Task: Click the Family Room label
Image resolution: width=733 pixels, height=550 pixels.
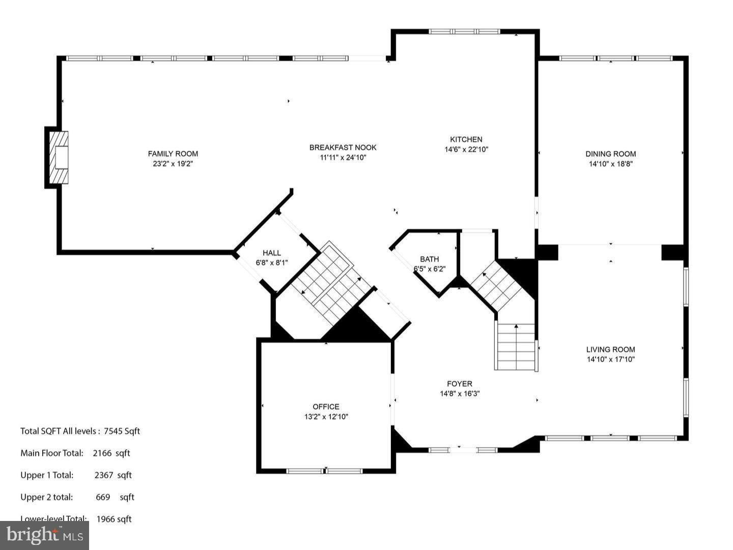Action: [x=173, y=154]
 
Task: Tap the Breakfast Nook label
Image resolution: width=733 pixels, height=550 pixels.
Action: [x=343, y=148]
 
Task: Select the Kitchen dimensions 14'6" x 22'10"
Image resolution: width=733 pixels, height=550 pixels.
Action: [x=466, y=150]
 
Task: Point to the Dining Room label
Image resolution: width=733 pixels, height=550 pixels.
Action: [x=610, y=154]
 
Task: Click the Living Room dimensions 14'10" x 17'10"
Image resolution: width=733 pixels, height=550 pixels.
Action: [x=610, y=360]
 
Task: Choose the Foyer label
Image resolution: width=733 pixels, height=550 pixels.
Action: [x=459, y=384]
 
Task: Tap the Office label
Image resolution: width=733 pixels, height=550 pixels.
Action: [x=326, y=406]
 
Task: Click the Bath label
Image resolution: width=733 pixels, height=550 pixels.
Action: [x=429, y=259]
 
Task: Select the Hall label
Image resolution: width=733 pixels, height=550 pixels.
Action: [x=271, y=253]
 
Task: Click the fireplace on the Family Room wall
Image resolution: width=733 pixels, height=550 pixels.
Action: [x=59, y=157]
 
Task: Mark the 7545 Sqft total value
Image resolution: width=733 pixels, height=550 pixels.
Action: [x=122, y=431]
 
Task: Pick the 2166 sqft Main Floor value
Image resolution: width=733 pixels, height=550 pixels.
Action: [x=111, y=453]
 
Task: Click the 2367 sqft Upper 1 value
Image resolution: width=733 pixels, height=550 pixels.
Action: [x=112, y=475]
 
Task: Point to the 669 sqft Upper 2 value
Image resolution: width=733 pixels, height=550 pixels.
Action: [x=115, y=497]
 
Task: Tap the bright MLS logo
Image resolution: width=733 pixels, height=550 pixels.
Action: [x=44, y=535]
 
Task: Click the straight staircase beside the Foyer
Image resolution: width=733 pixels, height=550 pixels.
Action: [x=516, y=347]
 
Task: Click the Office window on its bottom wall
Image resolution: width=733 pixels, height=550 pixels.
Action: [x=325, y=471]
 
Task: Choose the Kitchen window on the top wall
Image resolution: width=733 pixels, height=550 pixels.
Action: [x=464, y=32]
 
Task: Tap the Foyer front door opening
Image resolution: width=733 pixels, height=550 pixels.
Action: [x=463, y=450]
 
